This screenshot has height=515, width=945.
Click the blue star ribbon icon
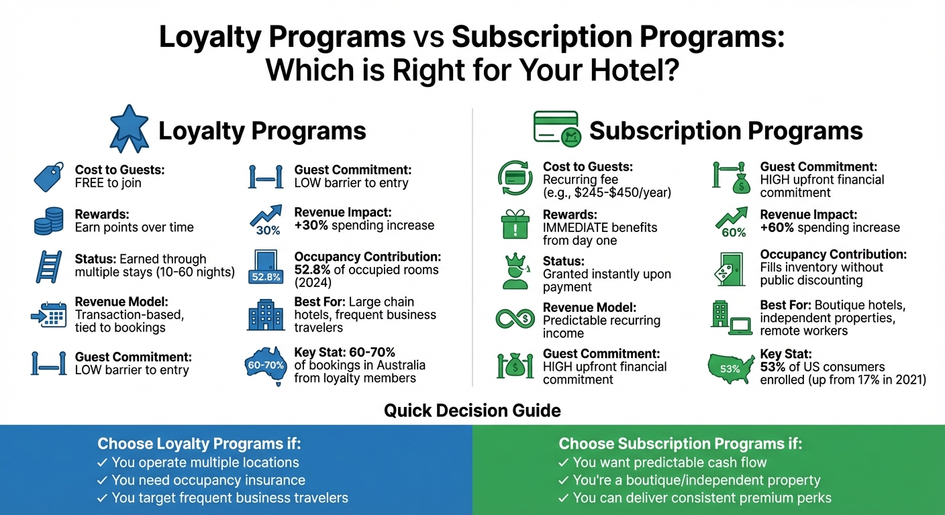[x=129, y=128]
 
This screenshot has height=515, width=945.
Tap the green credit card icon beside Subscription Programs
[x=556, y=129]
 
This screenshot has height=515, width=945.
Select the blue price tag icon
[x=49, y=176]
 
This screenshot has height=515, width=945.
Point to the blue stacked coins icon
[x=49, y=221]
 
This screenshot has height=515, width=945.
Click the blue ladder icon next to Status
[x=49, y=266]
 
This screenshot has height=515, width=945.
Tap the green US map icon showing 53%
[x=730, y=367]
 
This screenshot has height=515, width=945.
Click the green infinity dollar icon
[x=515, y=318]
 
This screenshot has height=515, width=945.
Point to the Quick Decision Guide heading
[x=472, y=410]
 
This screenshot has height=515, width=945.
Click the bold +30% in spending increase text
[x=311, y=226]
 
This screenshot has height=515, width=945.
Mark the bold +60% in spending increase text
[x=777, y=227]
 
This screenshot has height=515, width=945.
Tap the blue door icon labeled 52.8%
[x=267, y=269]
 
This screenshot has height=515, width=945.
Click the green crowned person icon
[x=515, y=272]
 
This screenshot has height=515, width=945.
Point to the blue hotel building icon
[x=266, y=313]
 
